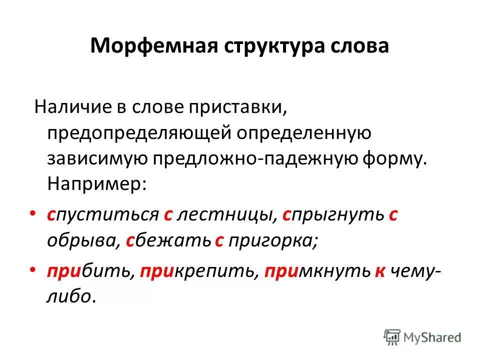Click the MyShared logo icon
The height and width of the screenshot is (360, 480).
tap(393, 336)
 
